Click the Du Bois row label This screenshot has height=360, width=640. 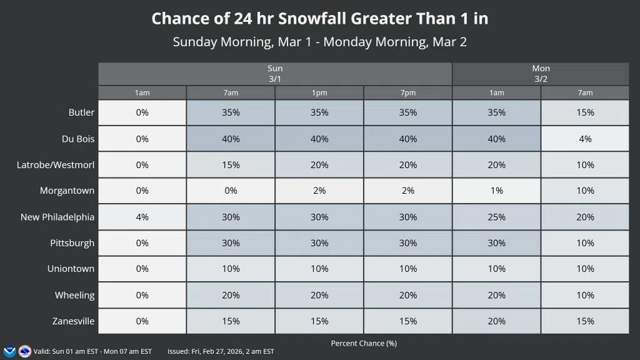(x=78, y=139)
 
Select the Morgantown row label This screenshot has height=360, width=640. (x=67, y=191)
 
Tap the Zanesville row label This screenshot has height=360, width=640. (x=73, y=321)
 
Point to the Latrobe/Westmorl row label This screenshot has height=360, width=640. (x=56, y=165)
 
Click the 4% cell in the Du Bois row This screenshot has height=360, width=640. (x=585, y=139)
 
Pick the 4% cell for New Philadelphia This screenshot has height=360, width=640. (x=142, y=217)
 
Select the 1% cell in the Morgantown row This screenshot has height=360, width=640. (x=496, y=191)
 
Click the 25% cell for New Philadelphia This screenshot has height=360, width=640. (x=496, y=217)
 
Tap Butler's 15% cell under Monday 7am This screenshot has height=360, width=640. (x=585, y=112)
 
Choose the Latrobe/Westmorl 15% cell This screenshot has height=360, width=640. (x=231, y=165)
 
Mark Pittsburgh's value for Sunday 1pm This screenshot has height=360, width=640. (x=319, y=243)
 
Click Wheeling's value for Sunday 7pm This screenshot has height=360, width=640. (x=407, y=295)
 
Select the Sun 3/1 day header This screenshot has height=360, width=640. (x=275, y=74)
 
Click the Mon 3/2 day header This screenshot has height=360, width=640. (x=541, y=74)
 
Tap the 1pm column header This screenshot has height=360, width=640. (x=319, y=93)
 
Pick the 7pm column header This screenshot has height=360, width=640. (x=407, y=93)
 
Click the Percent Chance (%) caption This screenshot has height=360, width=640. (x=363, y=343)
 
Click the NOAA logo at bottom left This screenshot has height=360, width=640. (x=9, y=351)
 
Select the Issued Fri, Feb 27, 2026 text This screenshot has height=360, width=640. (x=221, y=352)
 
